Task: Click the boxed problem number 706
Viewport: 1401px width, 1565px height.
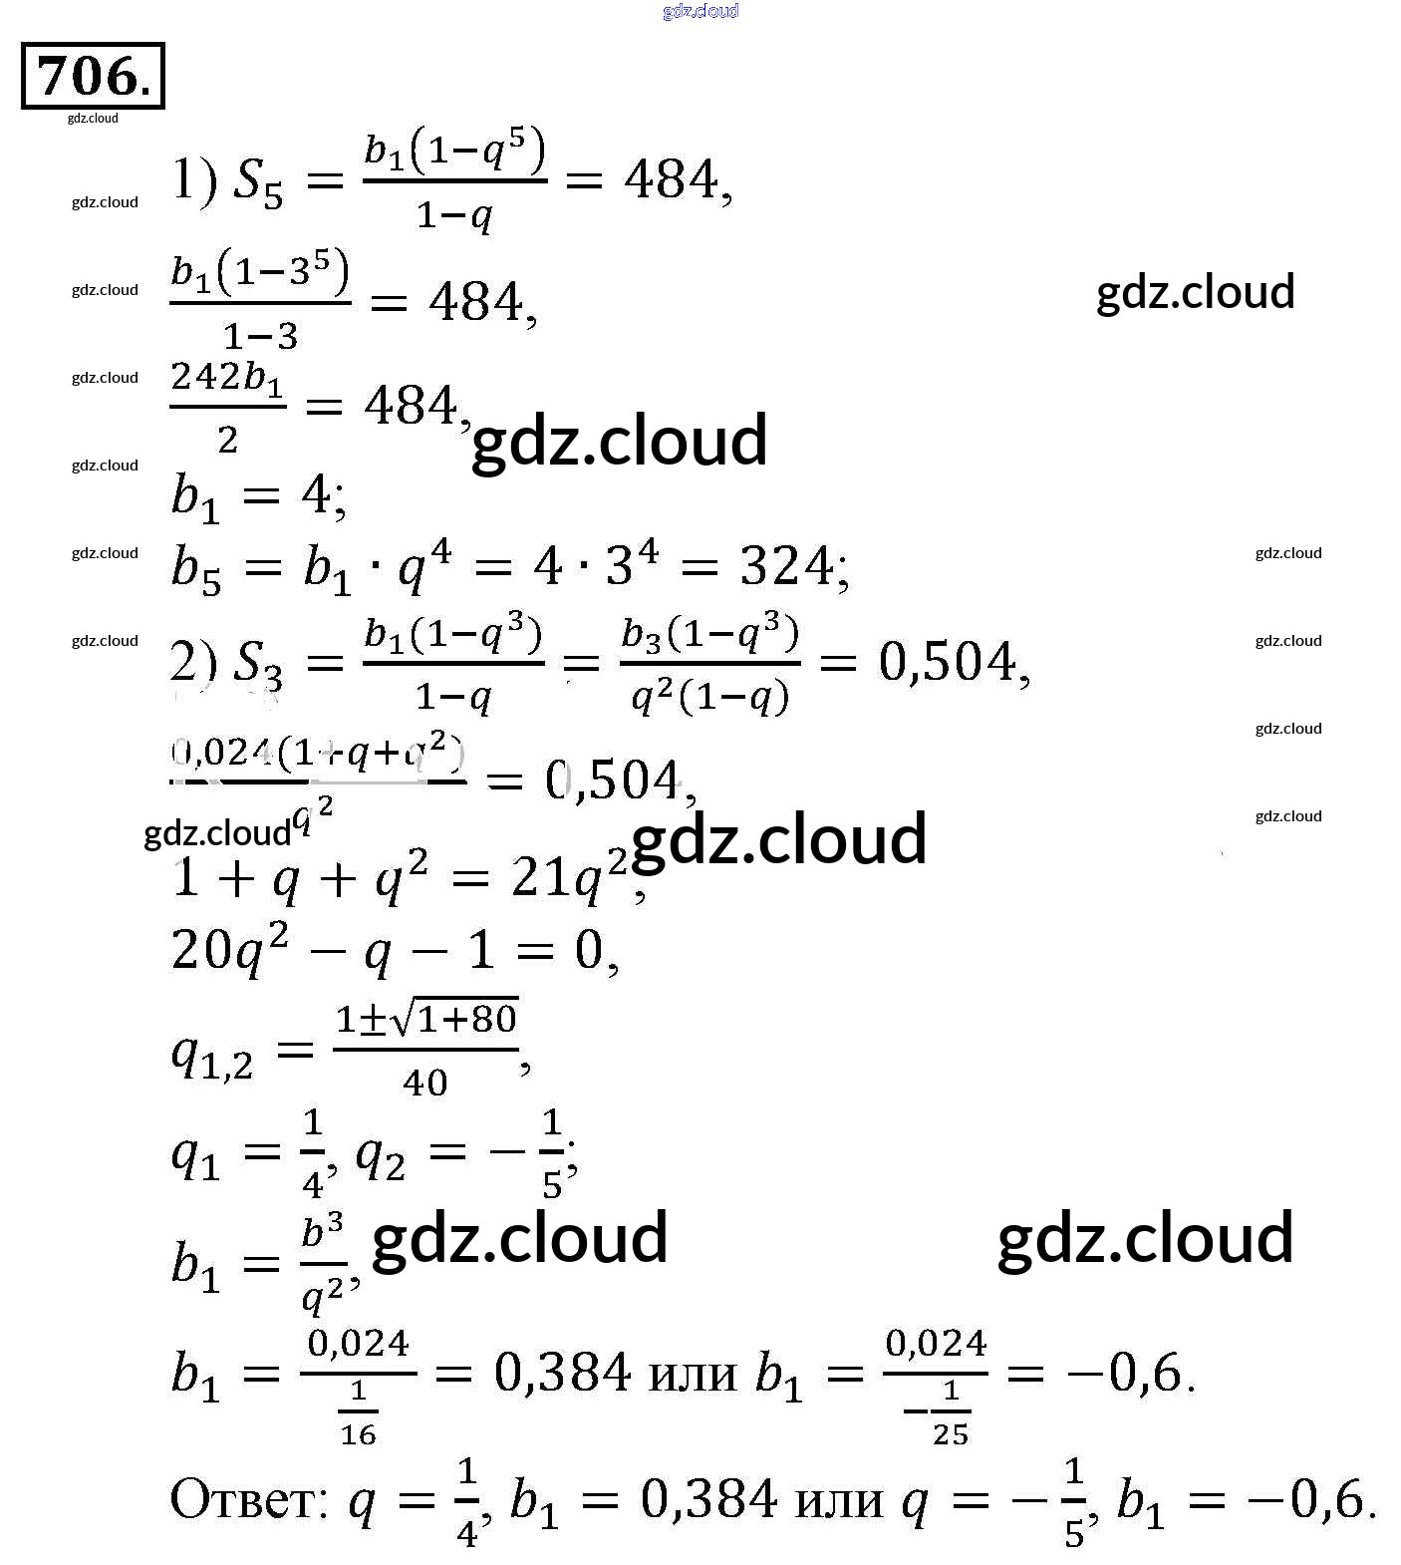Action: tap(93, 76)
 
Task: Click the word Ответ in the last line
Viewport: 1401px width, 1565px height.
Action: tap(248, 1499)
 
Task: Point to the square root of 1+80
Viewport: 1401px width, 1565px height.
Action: tap(454, 1019)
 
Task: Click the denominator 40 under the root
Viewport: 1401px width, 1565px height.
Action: tap(425, 1083)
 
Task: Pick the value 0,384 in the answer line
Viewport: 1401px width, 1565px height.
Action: tap(707, 1499)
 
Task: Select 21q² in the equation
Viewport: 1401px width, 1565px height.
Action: tap(568, 876)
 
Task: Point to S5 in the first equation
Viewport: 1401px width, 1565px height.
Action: tap(258, 183)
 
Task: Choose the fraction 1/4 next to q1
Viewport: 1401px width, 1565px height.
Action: tap(313, 1153)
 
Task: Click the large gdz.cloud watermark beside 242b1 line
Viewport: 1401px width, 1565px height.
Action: tap(619, 441)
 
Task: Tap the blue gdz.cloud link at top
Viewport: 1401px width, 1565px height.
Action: tap(700, 11)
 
